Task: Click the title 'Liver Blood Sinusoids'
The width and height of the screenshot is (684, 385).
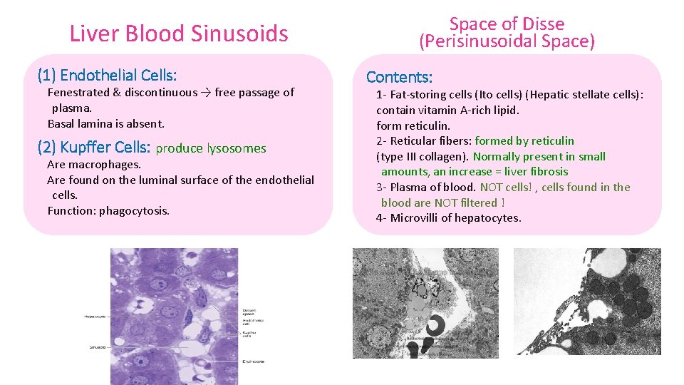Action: click(179, 34)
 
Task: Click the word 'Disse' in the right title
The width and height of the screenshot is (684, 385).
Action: click(541, 24)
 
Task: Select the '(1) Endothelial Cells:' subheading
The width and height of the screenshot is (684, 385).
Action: click(107, 75)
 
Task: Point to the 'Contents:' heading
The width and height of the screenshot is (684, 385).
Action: click(399, 77)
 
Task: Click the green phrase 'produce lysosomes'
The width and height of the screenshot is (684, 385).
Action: click(210, 148)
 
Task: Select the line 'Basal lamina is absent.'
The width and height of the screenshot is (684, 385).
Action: click(105, 123)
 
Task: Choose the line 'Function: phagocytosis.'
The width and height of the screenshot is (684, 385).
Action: click(108, 210)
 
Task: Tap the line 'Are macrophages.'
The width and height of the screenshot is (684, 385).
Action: click(94, 164)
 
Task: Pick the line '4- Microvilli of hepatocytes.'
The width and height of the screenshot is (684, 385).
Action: click(448, 218)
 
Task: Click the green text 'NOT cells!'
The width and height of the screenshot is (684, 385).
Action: click(507, 188)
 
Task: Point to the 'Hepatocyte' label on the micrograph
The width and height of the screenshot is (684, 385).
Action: click(95, 316)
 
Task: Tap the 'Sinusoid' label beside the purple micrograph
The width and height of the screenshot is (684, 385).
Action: click(97, 347)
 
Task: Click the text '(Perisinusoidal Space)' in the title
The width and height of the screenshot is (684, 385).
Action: click(507, 41)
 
